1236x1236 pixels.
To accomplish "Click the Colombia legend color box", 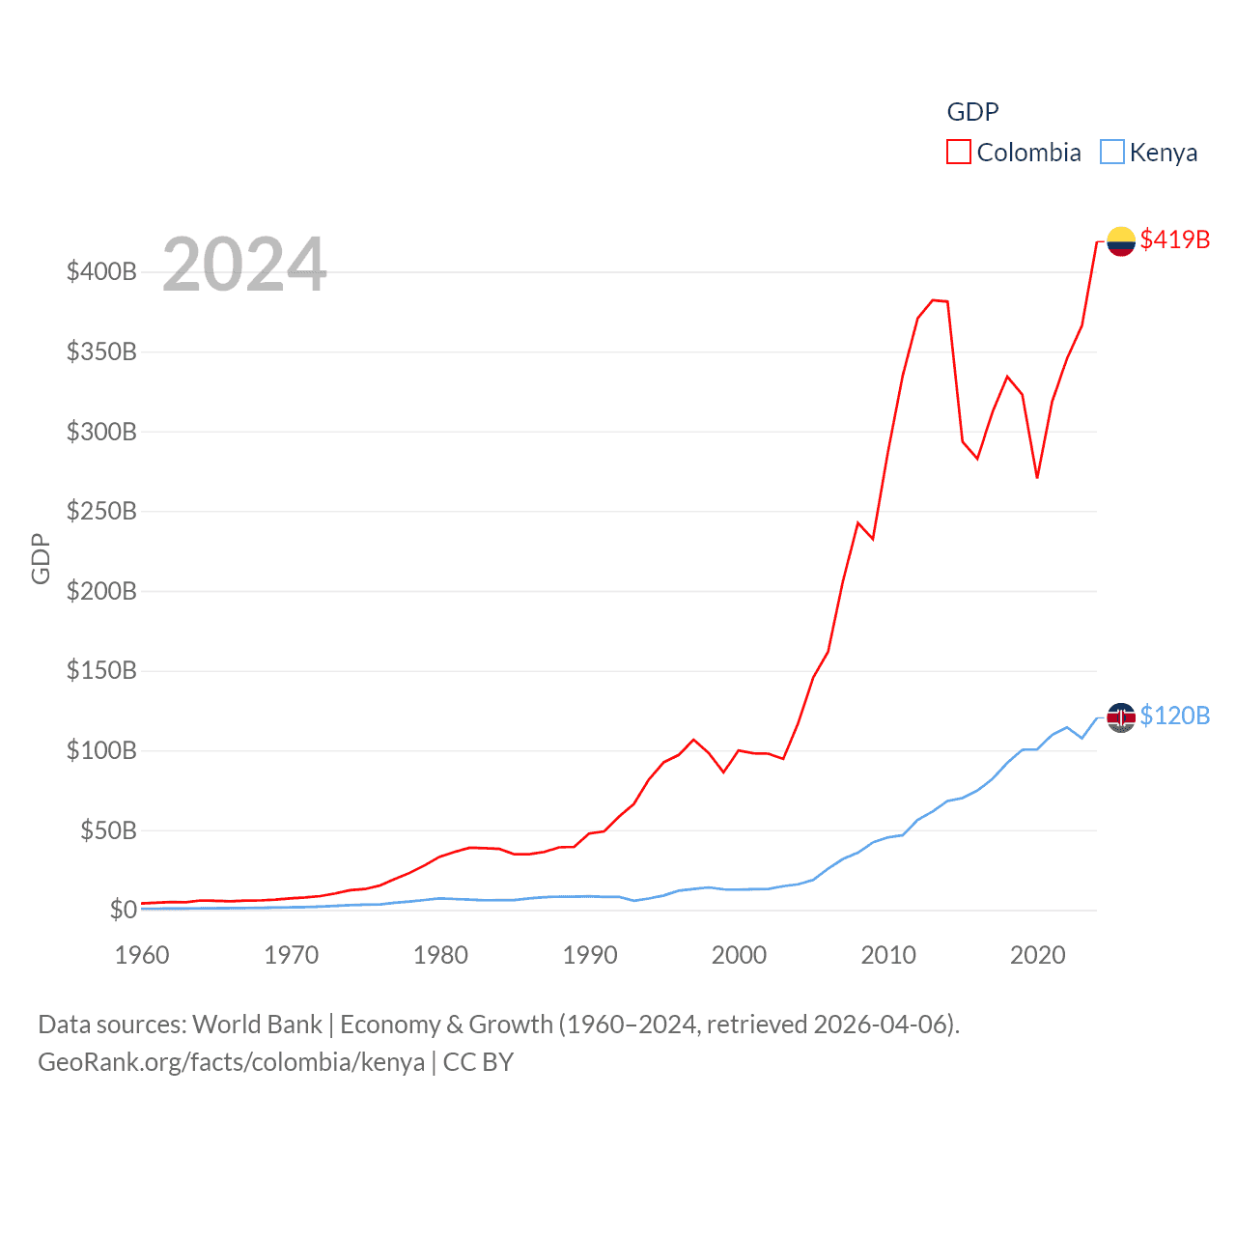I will tap(958, 153).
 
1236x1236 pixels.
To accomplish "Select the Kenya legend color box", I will tap(1112, 153).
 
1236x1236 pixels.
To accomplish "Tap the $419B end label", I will tap(1174, 239).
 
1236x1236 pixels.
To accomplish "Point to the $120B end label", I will tap(1174, 716).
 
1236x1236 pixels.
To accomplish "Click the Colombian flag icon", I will tap(1120, 240).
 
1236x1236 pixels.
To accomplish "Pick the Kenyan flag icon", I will tap(1120, 716).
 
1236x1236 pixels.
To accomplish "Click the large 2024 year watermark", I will tap(244, 265).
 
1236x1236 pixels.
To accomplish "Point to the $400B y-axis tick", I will tap(101, 271).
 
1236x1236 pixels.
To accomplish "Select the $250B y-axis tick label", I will tap(101, 511).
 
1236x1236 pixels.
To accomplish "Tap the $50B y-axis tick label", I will tap(108, 830).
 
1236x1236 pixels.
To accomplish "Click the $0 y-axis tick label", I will tap(123, 910).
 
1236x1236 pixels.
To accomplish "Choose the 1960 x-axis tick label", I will tap(142, 955).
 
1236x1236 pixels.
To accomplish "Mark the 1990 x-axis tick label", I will tap(590, 955).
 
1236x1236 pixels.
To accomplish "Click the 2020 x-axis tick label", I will tap(1037, 955).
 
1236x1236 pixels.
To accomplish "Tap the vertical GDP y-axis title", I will tap(41, 558).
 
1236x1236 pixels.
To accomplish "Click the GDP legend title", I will tap(972, 112).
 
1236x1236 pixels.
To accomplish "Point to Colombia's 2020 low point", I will tap(1037, 477).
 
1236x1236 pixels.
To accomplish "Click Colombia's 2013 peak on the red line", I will tap(933, 300).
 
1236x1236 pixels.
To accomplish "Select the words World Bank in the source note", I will tap(257, 1024).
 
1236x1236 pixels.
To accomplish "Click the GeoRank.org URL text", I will tap(231, 1062).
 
